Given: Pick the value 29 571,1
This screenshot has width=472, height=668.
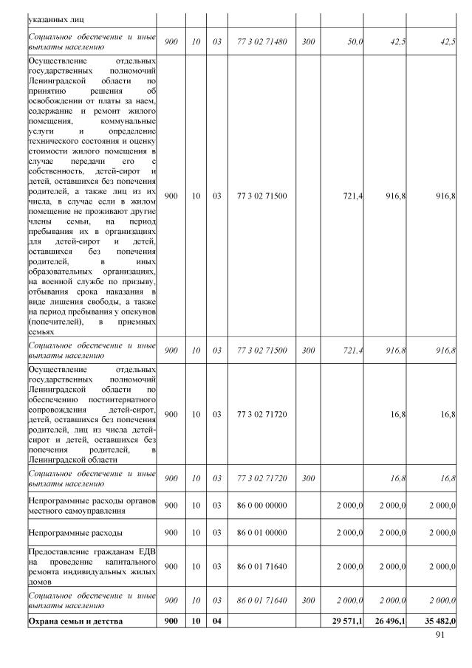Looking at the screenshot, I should pos(346,621).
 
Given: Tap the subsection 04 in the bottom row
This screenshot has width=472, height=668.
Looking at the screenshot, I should pos(216,621).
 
